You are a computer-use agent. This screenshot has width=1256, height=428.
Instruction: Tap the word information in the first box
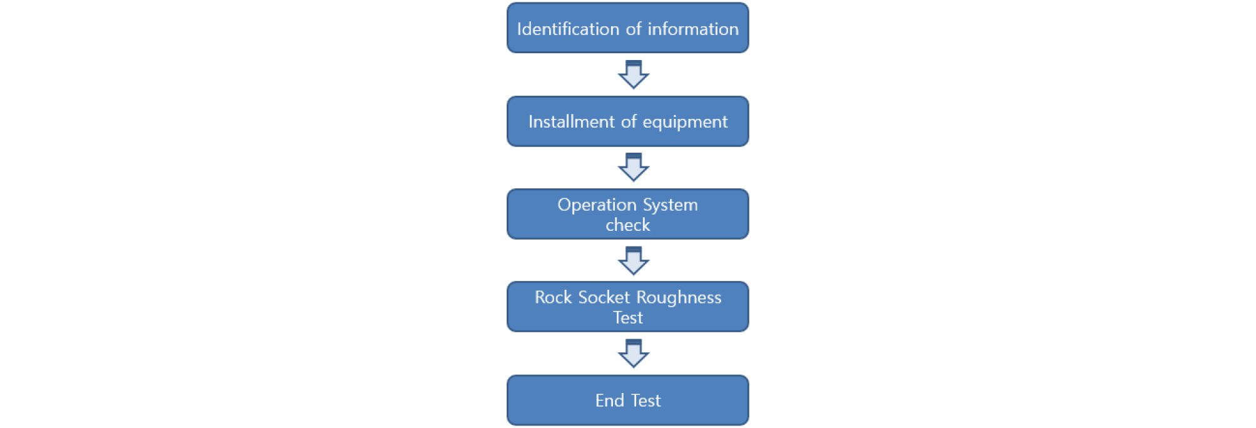(693, 29)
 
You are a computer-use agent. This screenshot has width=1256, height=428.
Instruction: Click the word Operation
(597, 205)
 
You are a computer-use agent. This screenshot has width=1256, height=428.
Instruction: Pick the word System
(671, 205)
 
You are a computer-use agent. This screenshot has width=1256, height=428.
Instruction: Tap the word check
(628, 225)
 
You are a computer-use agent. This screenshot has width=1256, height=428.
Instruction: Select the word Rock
(554, 297)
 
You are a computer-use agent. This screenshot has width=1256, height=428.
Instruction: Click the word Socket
(604, 297)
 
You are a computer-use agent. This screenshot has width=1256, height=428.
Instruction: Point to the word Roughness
(679, 298)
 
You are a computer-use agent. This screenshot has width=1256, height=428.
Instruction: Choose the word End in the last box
(610, 400)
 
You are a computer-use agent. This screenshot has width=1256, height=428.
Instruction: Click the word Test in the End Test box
(646, 400)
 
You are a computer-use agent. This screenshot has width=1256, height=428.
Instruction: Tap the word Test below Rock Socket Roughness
(628, 318)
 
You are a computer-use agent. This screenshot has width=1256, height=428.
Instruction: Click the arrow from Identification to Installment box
(634, 74)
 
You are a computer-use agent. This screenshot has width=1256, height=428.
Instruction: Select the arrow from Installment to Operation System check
(634, 167)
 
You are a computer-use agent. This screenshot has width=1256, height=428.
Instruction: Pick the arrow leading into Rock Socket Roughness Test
(634, 260)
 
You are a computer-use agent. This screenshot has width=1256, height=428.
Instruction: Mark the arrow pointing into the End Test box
(634, 354)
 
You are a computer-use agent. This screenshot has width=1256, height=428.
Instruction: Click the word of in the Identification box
(634, 29)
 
